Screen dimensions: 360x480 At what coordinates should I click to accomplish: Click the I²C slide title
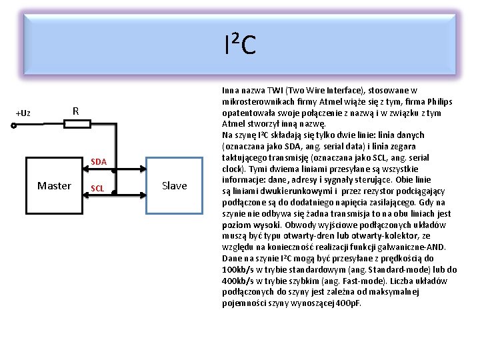(239, 45)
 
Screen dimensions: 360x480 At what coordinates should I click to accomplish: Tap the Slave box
(174, 185)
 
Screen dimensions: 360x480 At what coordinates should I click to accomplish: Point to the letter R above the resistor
(76, 111)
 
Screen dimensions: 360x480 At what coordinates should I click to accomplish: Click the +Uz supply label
(23, 113)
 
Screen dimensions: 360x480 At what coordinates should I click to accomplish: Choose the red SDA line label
(99, 162)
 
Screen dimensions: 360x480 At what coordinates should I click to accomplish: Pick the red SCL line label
(97, 189)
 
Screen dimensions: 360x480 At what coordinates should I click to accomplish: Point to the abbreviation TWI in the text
(275, 91)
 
